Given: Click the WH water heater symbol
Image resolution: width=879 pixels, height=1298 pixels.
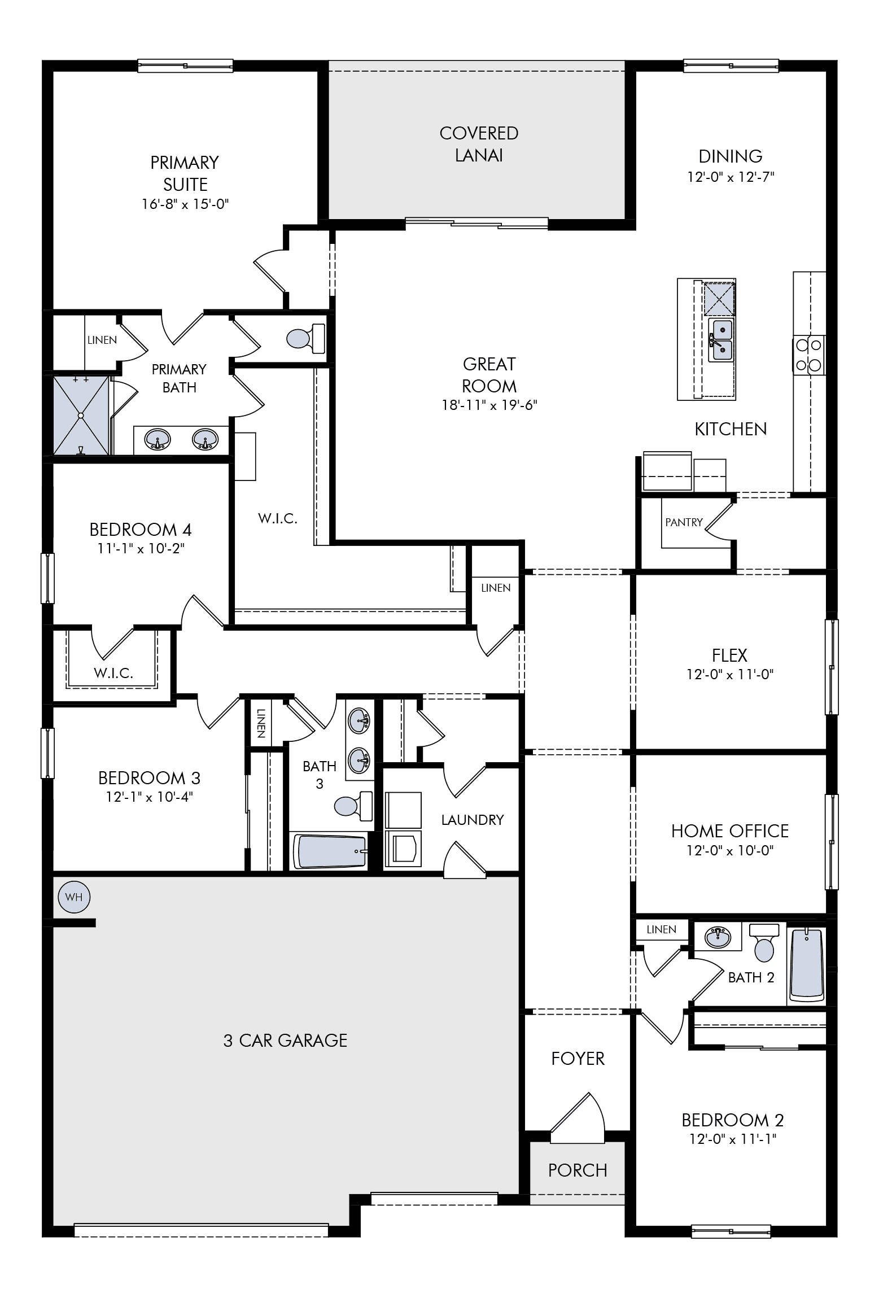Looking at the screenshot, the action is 74,897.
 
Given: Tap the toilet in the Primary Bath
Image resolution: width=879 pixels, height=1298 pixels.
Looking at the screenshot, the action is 306,338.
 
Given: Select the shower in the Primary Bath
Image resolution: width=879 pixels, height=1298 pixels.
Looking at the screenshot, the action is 81,415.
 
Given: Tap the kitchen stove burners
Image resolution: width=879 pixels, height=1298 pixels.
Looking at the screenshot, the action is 809,355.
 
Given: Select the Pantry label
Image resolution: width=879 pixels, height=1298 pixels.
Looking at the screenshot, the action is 684,522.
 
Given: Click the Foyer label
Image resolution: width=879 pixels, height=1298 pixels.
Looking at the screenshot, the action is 578,1059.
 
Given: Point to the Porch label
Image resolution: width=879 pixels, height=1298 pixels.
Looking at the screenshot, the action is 578,1170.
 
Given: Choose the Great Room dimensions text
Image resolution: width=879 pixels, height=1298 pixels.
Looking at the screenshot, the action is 489,405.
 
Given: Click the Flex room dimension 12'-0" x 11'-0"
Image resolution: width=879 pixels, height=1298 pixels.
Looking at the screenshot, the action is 730,674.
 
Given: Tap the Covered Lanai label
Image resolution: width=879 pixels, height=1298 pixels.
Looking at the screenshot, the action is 479,144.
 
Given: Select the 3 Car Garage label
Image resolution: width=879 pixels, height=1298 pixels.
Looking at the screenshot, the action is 285,1040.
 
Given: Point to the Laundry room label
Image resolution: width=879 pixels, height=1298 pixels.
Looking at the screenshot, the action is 473,819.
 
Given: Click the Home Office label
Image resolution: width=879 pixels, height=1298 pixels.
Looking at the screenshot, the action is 730,831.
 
